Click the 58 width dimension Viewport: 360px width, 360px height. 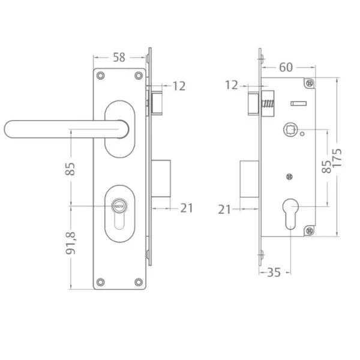(119, 58)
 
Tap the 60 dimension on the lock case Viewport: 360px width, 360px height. (286, 67)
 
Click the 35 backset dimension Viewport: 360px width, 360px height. (273, 272)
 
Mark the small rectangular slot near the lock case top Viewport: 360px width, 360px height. (298, 104)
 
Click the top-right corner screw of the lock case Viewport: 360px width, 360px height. (310, 83)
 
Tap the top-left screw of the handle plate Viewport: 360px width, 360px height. (101, 76)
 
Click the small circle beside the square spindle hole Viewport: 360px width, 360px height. (303, 133)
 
